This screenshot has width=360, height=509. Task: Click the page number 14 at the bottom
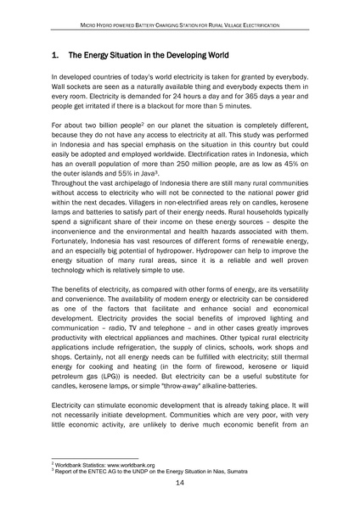180,484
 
